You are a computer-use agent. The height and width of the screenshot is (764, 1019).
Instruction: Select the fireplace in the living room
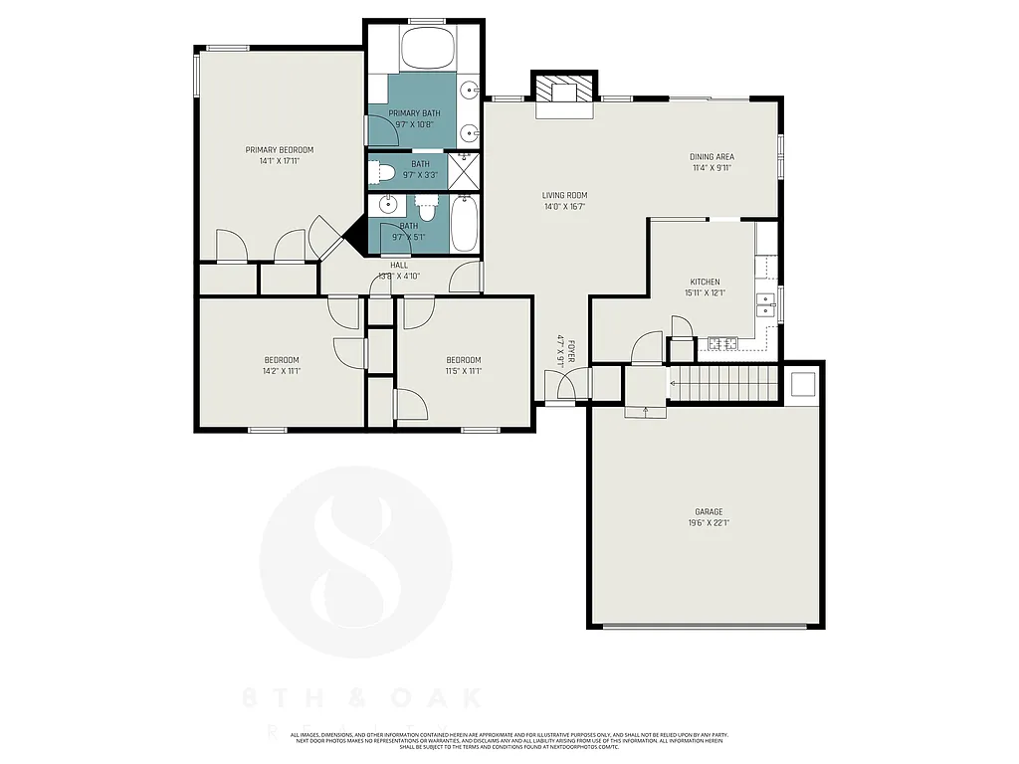coord(564,93)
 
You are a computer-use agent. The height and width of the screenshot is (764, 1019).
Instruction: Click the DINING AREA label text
coord(713,157)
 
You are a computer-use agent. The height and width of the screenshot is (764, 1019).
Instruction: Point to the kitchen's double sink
coord(765,303)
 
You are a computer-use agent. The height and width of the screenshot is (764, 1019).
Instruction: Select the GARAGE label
coord(709,512)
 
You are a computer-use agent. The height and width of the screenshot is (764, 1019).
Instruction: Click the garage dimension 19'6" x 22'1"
coord(709,523)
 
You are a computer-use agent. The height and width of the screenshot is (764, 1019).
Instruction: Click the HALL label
coord(398,265)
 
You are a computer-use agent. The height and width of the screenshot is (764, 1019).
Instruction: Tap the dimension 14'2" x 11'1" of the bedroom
coord(282,371)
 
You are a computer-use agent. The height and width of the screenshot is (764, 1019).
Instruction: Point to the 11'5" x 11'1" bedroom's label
coord(463,360)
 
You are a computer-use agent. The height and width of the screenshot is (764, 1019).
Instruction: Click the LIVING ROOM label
coord(564,195)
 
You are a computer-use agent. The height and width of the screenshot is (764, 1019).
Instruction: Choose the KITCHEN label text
coord(704,283)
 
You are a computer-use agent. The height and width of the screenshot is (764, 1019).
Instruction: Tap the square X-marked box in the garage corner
coord(802,385)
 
